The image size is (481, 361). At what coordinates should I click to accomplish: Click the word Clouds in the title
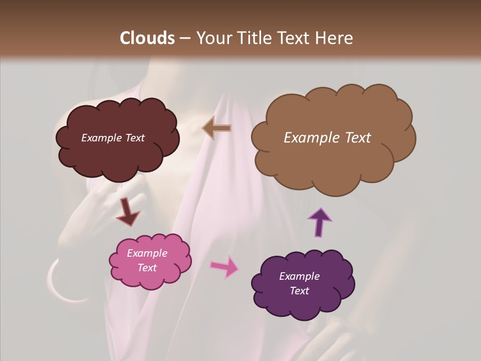[147, 38]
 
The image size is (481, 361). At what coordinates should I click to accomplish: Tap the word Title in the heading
[253, 38]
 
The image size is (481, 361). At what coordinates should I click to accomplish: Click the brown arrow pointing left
[217, 128]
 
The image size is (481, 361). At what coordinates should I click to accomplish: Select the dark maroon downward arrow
[127, 212]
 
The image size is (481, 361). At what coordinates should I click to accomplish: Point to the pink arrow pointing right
[224, 266]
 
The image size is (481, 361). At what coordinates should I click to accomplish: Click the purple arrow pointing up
[320, 221]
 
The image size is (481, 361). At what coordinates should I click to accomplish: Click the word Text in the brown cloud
[357, 138]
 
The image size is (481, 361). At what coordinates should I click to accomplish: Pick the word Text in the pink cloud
[147, 268]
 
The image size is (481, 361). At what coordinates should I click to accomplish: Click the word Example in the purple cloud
[299, 276]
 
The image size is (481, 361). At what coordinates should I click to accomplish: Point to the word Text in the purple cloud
[299, 291]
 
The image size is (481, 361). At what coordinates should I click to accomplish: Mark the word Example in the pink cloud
[147, 253]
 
